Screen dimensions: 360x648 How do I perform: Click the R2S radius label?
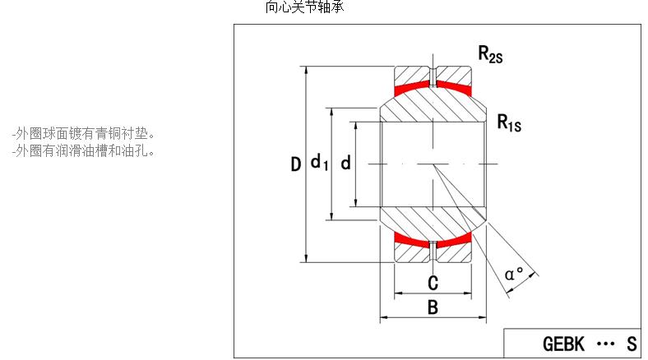point(491,55)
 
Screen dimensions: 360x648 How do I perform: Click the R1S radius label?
point(509,123)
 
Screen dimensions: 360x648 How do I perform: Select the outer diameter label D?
point(295,165)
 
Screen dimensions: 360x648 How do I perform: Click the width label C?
point(433,284)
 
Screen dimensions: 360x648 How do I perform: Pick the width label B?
point(433,308)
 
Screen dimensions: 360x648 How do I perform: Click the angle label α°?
point(516,273)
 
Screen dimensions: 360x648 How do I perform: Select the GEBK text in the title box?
point(564,344)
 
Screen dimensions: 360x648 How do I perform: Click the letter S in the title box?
point(632,344)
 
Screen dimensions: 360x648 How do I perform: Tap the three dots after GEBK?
point(604,344)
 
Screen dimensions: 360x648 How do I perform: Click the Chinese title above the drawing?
point(305,7)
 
